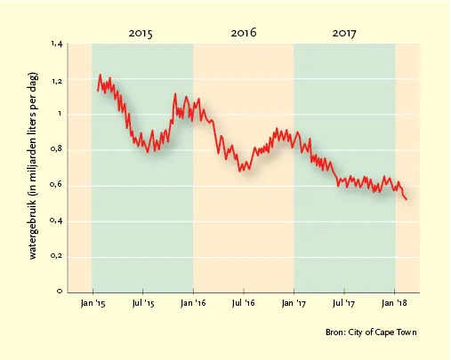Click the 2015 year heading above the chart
[141, 33]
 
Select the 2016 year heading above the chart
[244, 33]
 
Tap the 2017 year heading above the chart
[344, 33]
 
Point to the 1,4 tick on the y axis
[57, 44]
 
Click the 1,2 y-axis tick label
[57, 81]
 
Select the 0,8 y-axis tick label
[57, 149]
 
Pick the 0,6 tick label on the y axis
[57, 185]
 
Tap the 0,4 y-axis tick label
[57, 220]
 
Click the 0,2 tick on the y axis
[57, 256]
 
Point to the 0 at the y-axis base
[60, 292]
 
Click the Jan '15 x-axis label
[93, 303]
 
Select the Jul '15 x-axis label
[143, 303]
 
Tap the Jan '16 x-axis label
[193, 303]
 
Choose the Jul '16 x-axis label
[244, 303]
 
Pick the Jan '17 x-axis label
[294, 303]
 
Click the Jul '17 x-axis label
[343, 303]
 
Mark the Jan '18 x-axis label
[394, 303]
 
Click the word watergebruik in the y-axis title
[33, 228]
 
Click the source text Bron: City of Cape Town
[371, 332]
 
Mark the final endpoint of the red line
[407, 199]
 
